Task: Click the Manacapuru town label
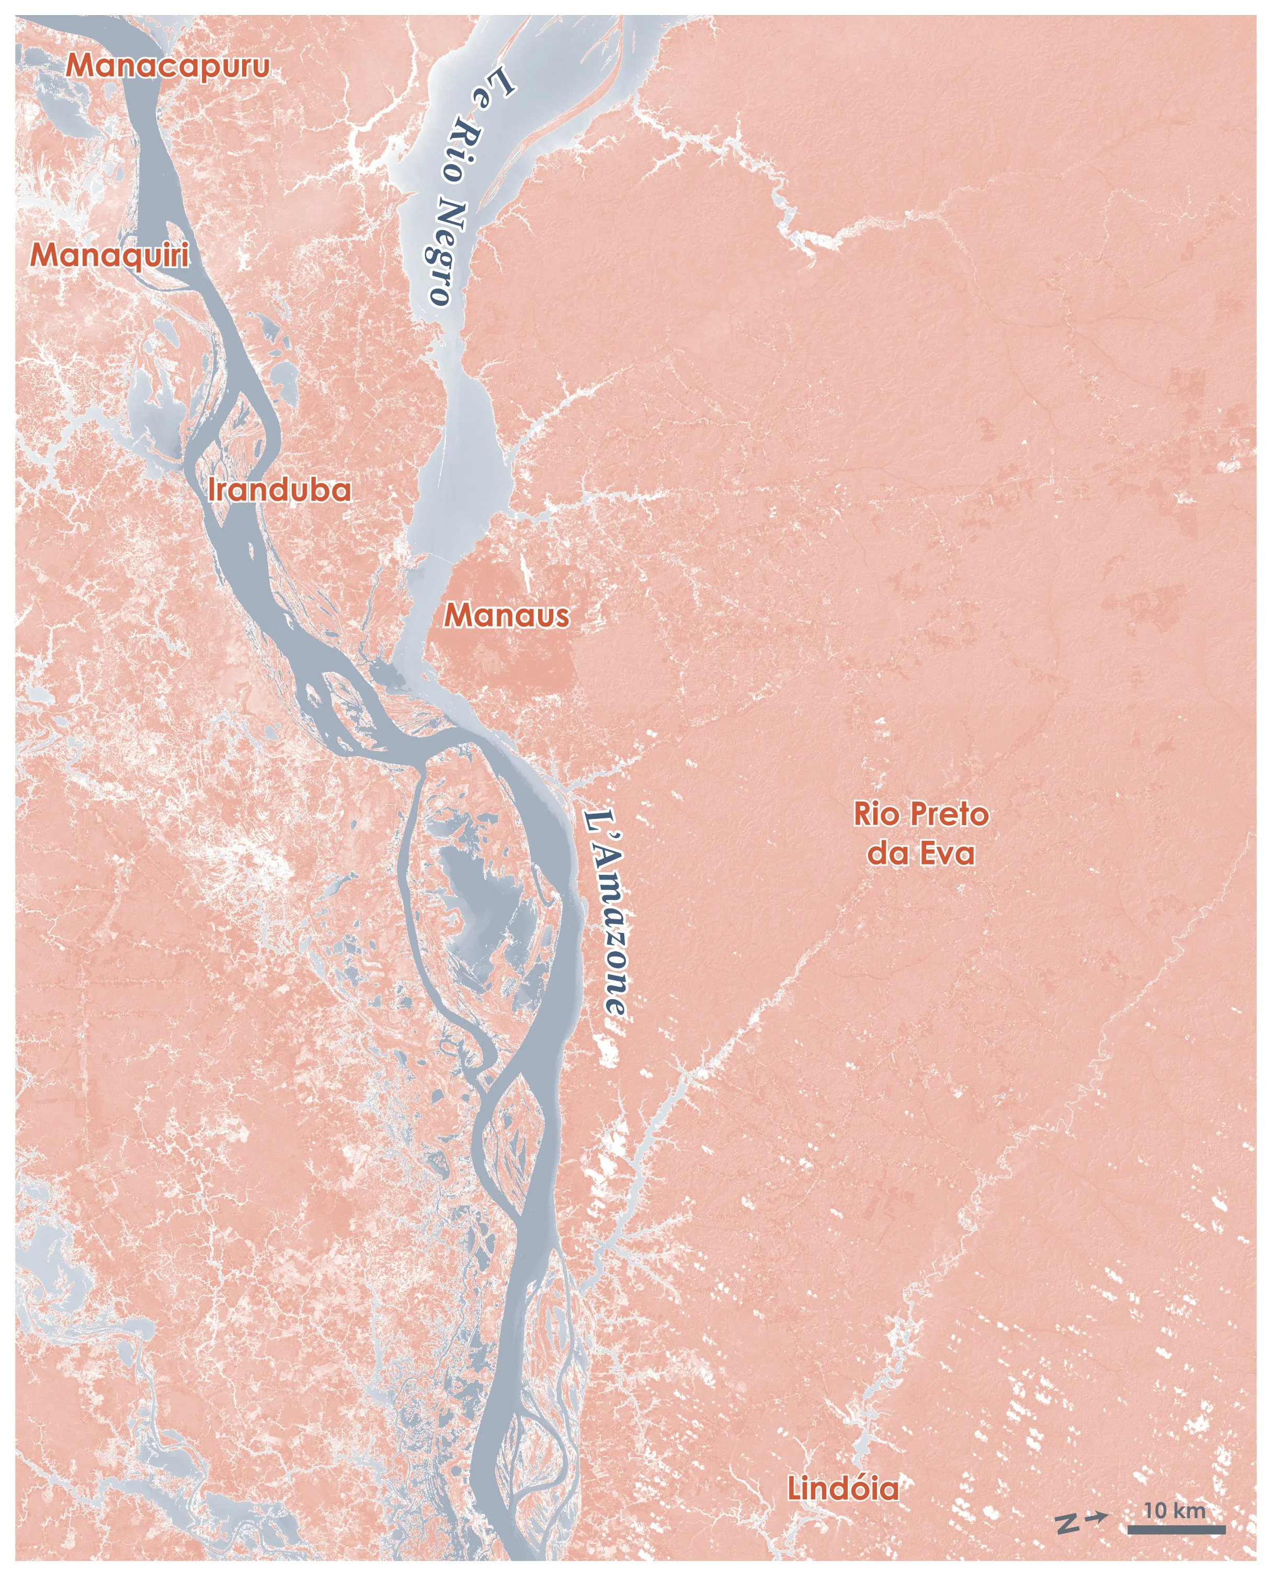[167, 66]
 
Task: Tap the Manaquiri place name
[109, 255]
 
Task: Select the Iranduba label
[279, 489]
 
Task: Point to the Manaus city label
[506, 616]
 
